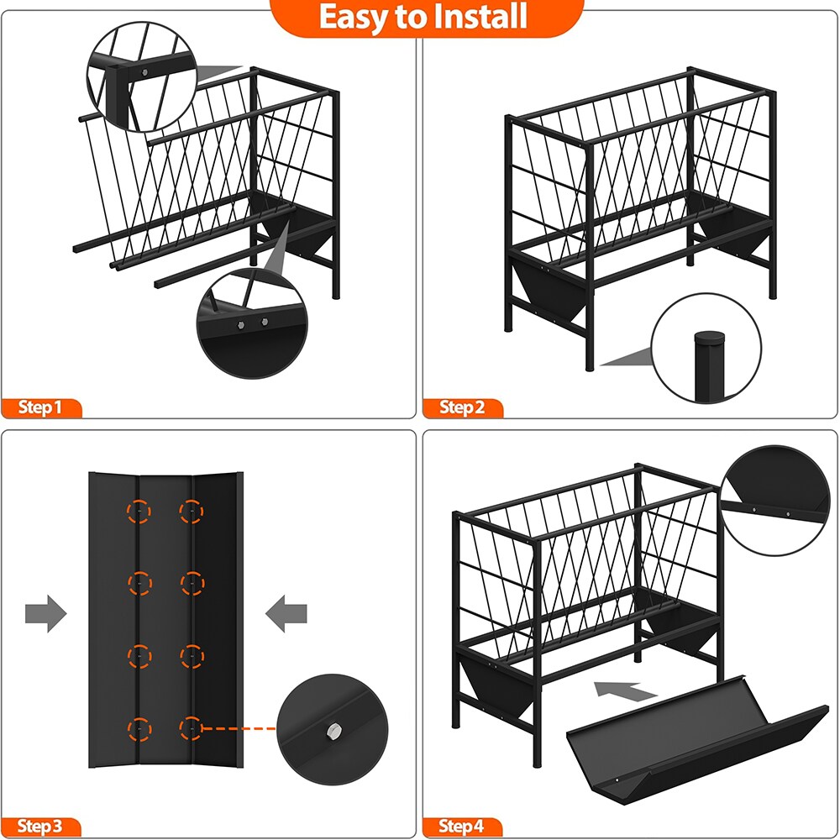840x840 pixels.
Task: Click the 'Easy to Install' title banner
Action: pos(423,17)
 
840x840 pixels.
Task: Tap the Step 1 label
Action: pos(40,407)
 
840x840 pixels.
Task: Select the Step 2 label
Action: pos(462,407)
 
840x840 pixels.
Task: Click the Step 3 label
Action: pos(40,827)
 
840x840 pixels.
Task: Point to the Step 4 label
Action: pos(462,827)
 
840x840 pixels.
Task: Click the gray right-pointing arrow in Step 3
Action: pos(46,613)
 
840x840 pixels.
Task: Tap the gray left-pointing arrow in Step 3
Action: pos(286,613)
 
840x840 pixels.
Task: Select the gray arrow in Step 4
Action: pos(625,690)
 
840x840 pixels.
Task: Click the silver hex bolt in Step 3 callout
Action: pos(333,729)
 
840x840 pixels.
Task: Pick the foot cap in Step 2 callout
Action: pos(709,338)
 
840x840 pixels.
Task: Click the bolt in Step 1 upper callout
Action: pos(144,72)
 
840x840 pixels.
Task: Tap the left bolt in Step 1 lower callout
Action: pos(240,325)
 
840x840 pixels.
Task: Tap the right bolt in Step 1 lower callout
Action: pos(264,322)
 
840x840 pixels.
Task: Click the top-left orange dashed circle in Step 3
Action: pos(139,512)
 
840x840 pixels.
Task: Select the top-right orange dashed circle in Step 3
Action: pos(192,512)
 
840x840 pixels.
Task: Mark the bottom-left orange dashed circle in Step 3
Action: pos(139,729)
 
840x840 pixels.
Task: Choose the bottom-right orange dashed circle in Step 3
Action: pos(192,728)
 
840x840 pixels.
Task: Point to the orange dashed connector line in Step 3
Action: pos(239,728)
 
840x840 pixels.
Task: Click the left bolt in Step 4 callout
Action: pos(754,510)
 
